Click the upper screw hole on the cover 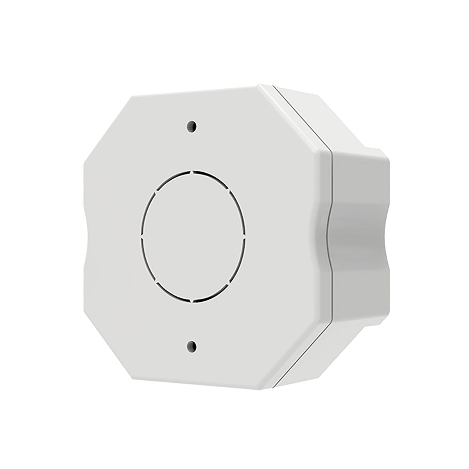192,126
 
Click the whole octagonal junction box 234,234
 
